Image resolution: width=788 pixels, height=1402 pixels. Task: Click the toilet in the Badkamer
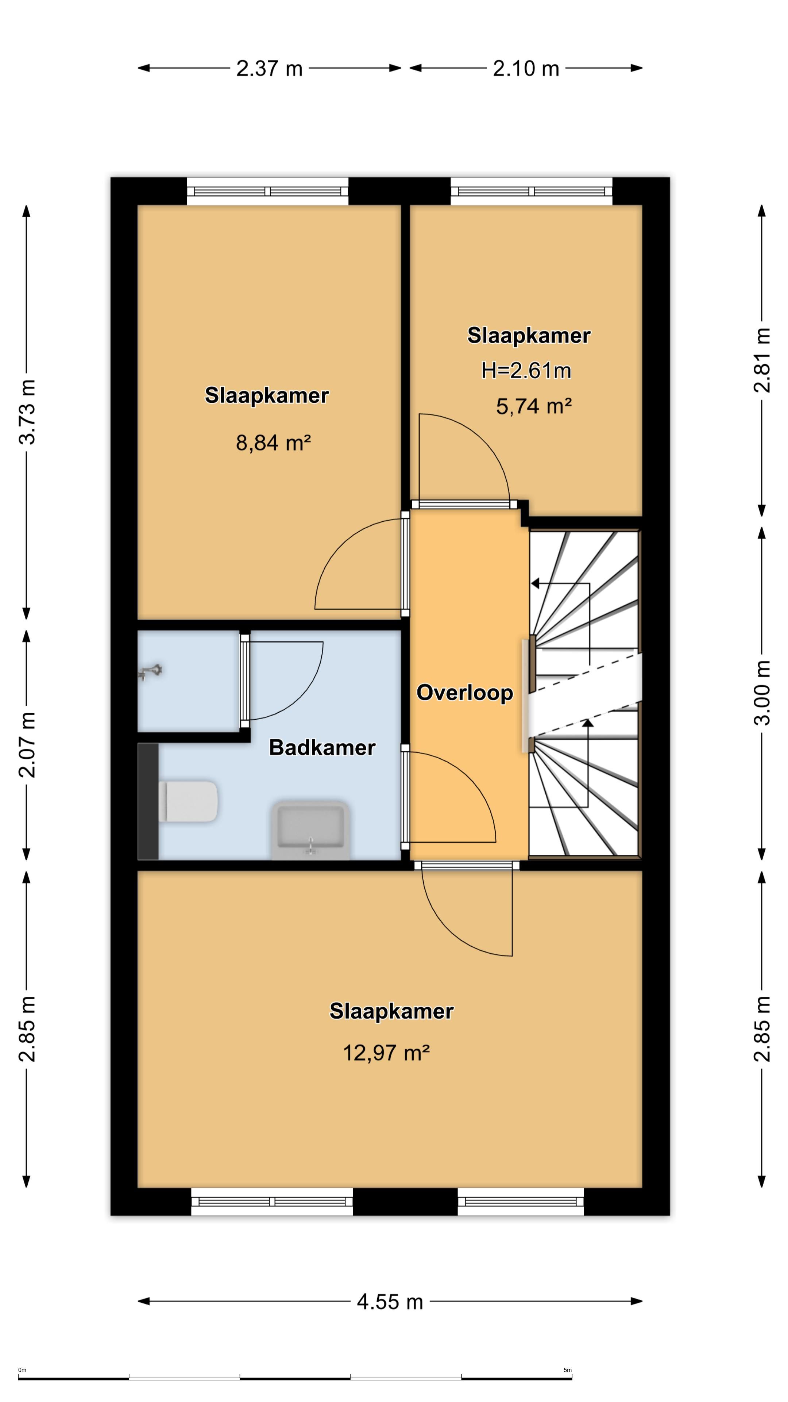[188, 801]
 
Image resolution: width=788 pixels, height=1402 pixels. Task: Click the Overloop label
[464, 693]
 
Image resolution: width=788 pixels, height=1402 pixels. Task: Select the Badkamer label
[322, 748]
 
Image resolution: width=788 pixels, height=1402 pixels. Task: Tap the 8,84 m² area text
[273, 443]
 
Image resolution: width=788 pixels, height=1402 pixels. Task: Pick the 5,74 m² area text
[533, 406]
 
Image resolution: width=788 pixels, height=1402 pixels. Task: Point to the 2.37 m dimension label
[269, 69]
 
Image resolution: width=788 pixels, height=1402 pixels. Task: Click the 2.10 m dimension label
[526, 69]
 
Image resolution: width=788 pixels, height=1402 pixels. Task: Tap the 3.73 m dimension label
[27, 412]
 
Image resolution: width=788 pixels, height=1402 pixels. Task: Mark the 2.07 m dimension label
[27, 744]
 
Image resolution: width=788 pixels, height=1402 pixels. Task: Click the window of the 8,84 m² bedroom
[267, 192]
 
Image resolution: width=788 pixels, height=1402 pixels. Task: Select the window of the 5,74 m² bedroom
[531, 192]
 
